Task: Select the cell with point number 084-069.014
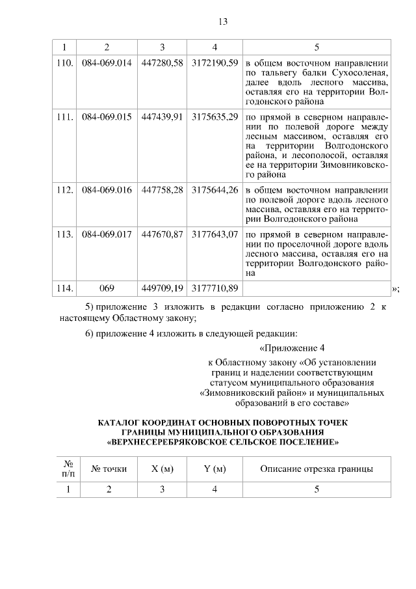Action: coord(107,63)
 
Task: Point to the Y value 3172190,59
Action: coord(215,63)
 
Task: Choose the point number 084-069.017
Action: coord(107,234)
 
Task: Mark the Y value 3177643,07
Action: coord(215,234)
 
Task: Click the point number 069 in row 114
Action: coord(107,287)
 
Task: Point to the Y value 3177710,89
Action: coord(215,287)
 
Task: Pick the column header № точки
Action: coord(109,469)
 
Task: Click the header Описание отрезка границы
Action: coord(317,469)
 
